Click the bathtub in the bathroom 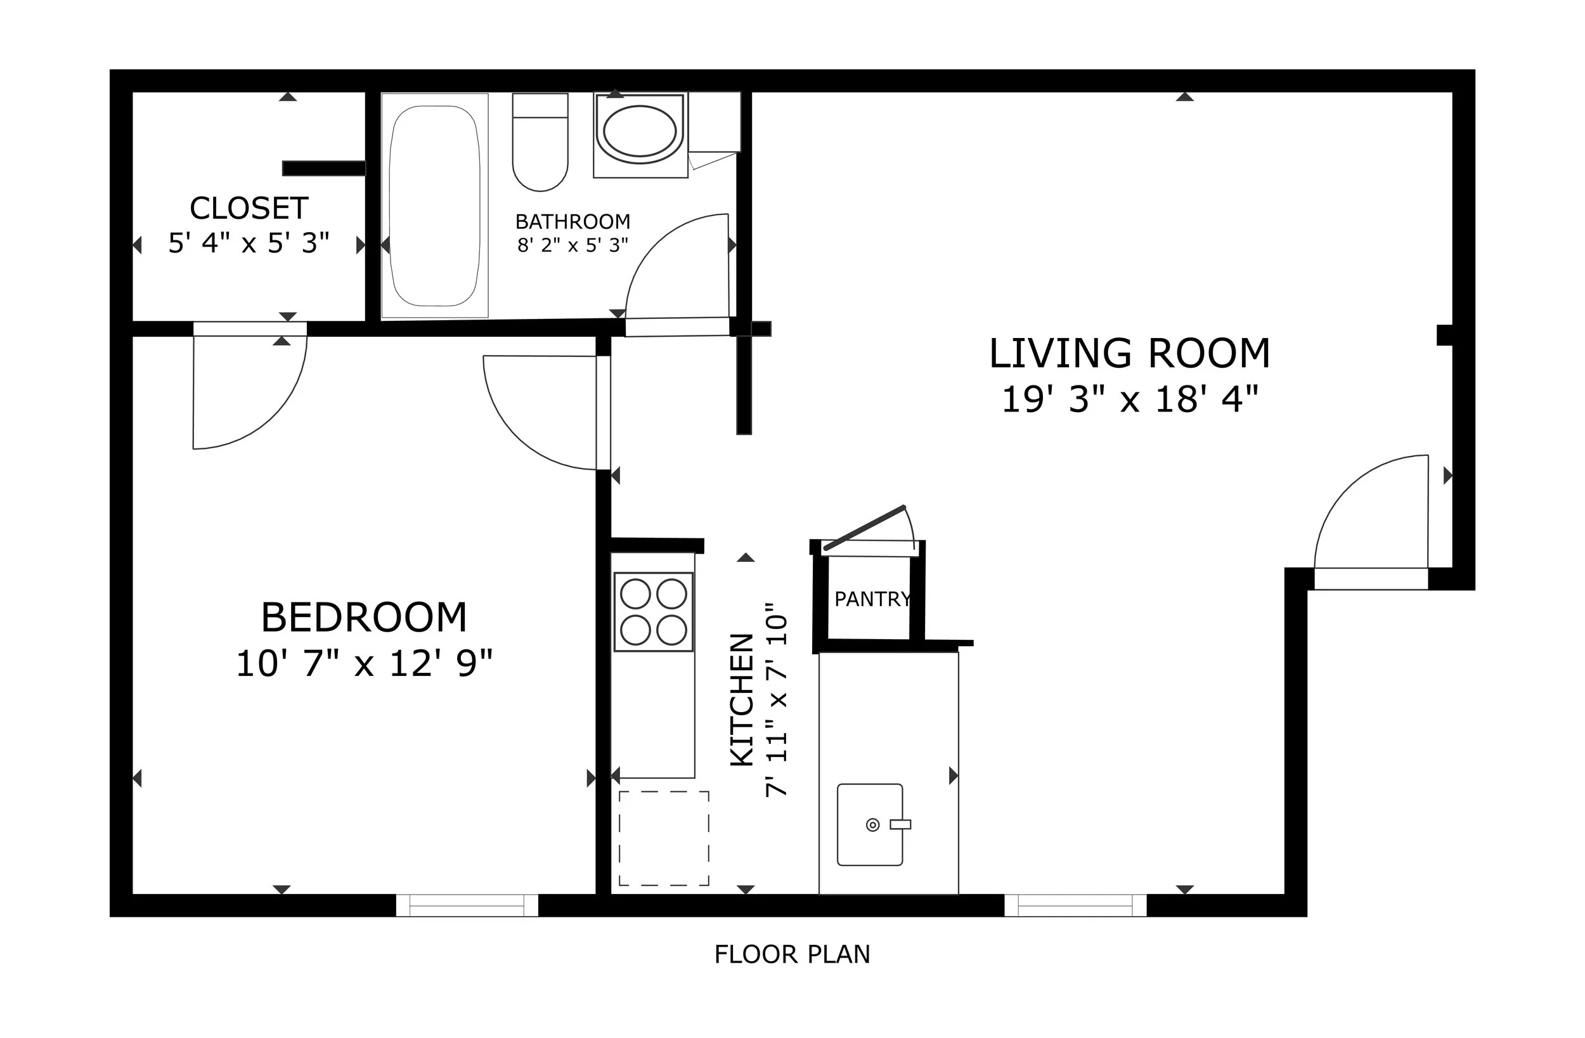(434, 205)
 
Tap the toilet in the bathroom (540, 142)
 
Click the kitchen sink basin (870, 825)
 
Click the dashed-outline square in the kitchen (664, 838)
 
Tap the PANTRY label (872, 599)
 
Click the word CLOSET (249, 209)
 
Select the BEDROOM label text (364, 618)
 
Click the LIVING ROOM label (1130, 353)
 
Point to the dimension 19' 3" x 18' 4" (1130, 399)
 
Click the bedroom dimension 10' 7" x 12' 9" (365, 664)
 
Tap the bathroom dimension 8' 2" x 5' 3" (573, 245)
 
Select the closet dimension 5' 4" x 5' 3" (249, 242)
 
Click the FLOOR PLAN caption (792, 955)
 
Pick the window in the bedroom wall (467, 905)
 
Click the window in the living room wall (1075, 905)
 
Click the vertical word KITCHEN (742, 699)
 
